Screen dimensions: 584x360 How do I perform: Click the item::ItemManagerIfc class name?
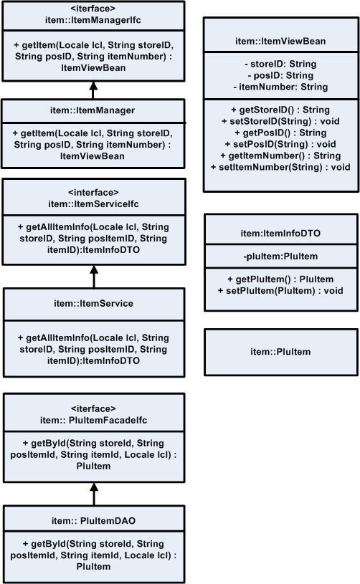click(x=93, y=19)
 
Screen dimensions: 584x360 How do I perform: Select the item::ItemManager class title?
click(x=93, y=110)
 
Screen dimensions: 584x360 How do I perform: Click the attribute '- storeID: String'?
click(x=280, y=64)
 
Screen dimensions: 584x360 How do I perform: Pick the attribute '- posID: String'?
click(x=280, y=75)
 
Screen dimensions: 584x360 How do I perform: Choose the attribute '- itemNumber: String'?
click(x=280, y=87)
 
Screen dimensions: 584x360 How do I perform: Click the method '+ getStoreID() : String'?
click(x=280, y=110)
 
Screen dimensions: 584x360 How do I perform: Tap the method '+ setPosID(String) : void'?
click(x=280, y=144)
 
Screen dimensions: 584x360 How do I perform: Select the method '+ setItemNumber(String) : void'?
click(x=280, y=167)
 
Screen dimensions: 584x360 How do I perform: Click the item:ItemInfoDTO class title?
click(x=280, y=233)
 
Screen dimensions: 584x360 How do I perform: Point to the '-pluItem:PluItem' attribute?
click(x=280, y=256)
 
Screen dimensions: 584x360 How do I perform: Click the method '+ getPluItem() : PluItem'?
click(x=280, y=279)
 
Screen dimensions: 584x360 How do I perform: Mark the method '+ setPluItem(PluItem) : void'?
click(x=280, y=290)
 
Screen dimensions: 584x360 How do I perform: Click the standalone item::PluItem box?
click(x=280, y=351)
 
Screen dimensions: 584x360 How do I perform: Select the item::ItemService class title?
click(x=93, y=304)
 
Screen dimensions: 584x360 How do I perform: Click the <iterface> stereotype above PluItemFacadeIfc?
click(x=93, y=408)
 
